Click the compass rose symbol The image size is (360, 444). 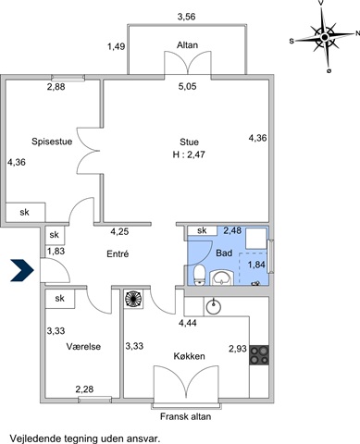pos(324,37)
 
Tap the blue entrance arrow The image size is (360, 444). pos(22,270)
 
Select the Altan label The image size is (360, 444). pos(187,45)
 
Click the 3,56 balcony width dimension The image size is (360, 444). pos(187,17)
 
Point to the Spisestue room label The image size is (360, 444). pos(52,142)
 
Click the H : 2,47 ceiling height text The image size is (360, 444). pos(189,154)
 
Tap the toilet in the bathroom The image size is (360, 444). pos(200,275)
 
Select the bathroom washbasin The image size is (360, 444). pos(221,277)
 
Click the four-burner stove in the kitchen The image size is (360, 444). pos(259,355)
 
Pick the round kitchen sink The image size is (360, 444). pos(214,306)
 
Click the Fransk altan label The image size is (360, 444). pos(186,416)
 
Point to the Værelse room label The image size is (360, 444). pos(83,347)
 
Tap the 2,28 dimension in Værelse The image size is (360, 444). pos(84,389)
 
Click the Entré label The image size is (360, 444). pos(118,253)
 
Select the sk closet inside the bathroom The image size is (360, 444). pos(202,230)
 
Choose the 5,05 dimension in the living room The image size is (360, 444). pos(187,86)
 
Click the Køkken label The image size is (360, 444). pos(189,356)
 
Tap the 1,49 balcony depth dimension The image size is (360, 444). pos(116,46)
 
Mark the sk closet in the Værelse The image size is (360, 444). pos(60,299)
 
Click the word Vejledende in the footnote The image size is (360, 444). pos(35,438)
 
